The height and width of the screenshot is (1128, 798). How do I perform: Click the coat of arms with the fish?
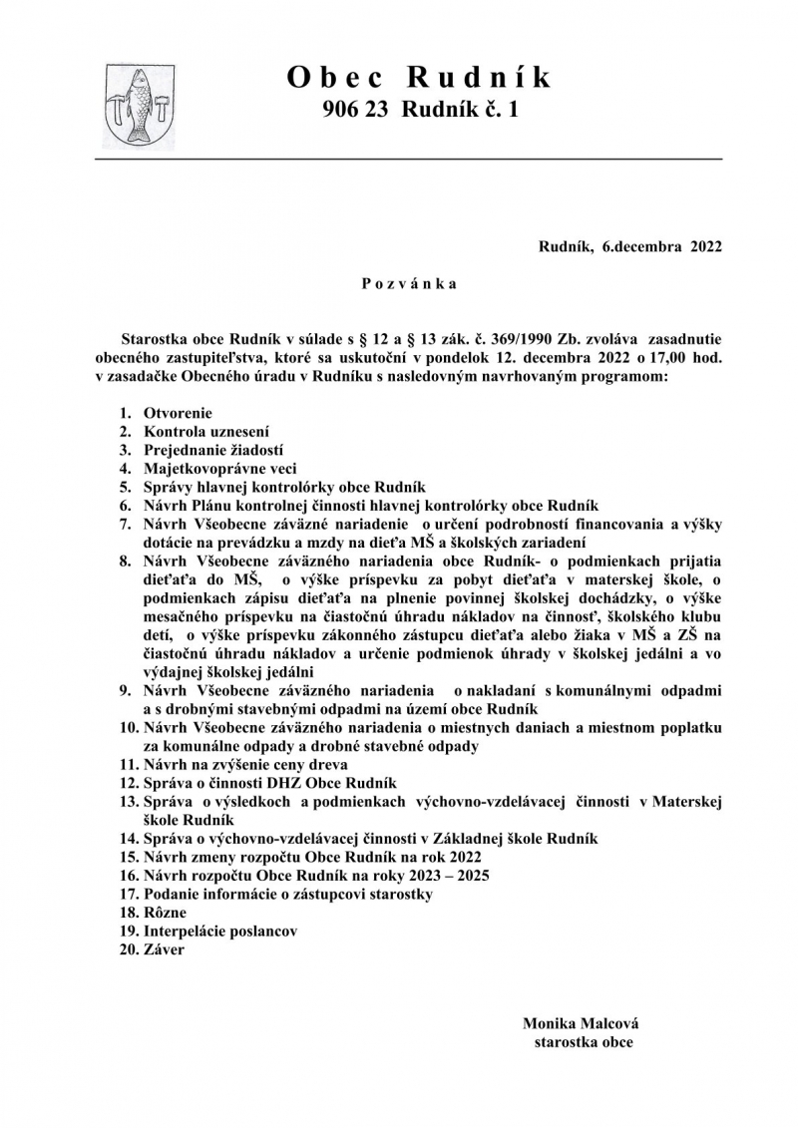coord(140,106)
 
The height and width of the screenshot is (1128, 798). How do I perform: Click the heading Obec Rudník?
coord(419,77)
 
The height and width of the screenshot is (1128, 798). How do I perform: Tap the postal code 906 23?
coord(358,112)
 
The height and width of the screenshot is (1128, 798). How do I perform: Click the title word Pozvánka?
coord(409,284)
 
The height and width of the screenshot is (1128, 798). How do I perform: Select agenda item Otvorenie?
coord(178,413)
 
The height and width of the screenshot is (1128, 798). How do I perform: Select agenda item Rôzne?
coord(165,913)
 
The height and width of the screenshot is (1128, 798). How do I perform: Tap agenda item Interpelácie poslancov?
coord(220,932)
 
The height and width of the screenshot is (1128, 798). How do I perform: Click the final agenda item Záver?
coord(164,950)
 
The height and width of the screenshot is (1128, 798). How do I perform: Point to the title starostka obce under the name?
coord(583,1042)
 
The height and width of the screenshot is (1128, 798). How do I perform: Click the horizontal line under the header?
coord(408,159)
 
